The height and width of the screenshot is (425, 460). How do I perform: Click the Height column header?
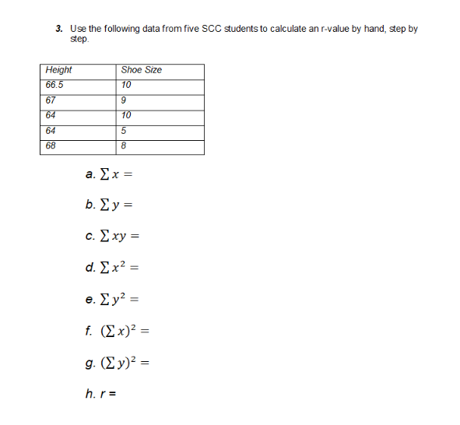click(59, 70)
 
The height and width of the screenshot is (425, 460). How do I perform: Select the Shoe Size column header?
click(142, 70)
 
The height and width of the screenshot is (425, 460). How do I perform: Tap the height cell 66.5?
click(55, 85)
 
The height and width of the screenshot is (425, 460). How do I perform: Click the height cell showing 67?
click(51, 100)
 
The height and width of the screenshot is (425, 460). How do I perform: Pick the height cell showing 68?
click(51, 145)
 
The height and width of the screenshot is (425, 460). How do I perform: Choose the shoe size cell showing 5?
click(125, 130)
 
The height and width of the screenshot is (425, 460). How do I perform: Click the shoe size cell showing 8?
click(125, 145)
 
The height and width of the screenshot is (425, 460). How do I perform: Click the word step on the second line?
click(79, 39)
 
